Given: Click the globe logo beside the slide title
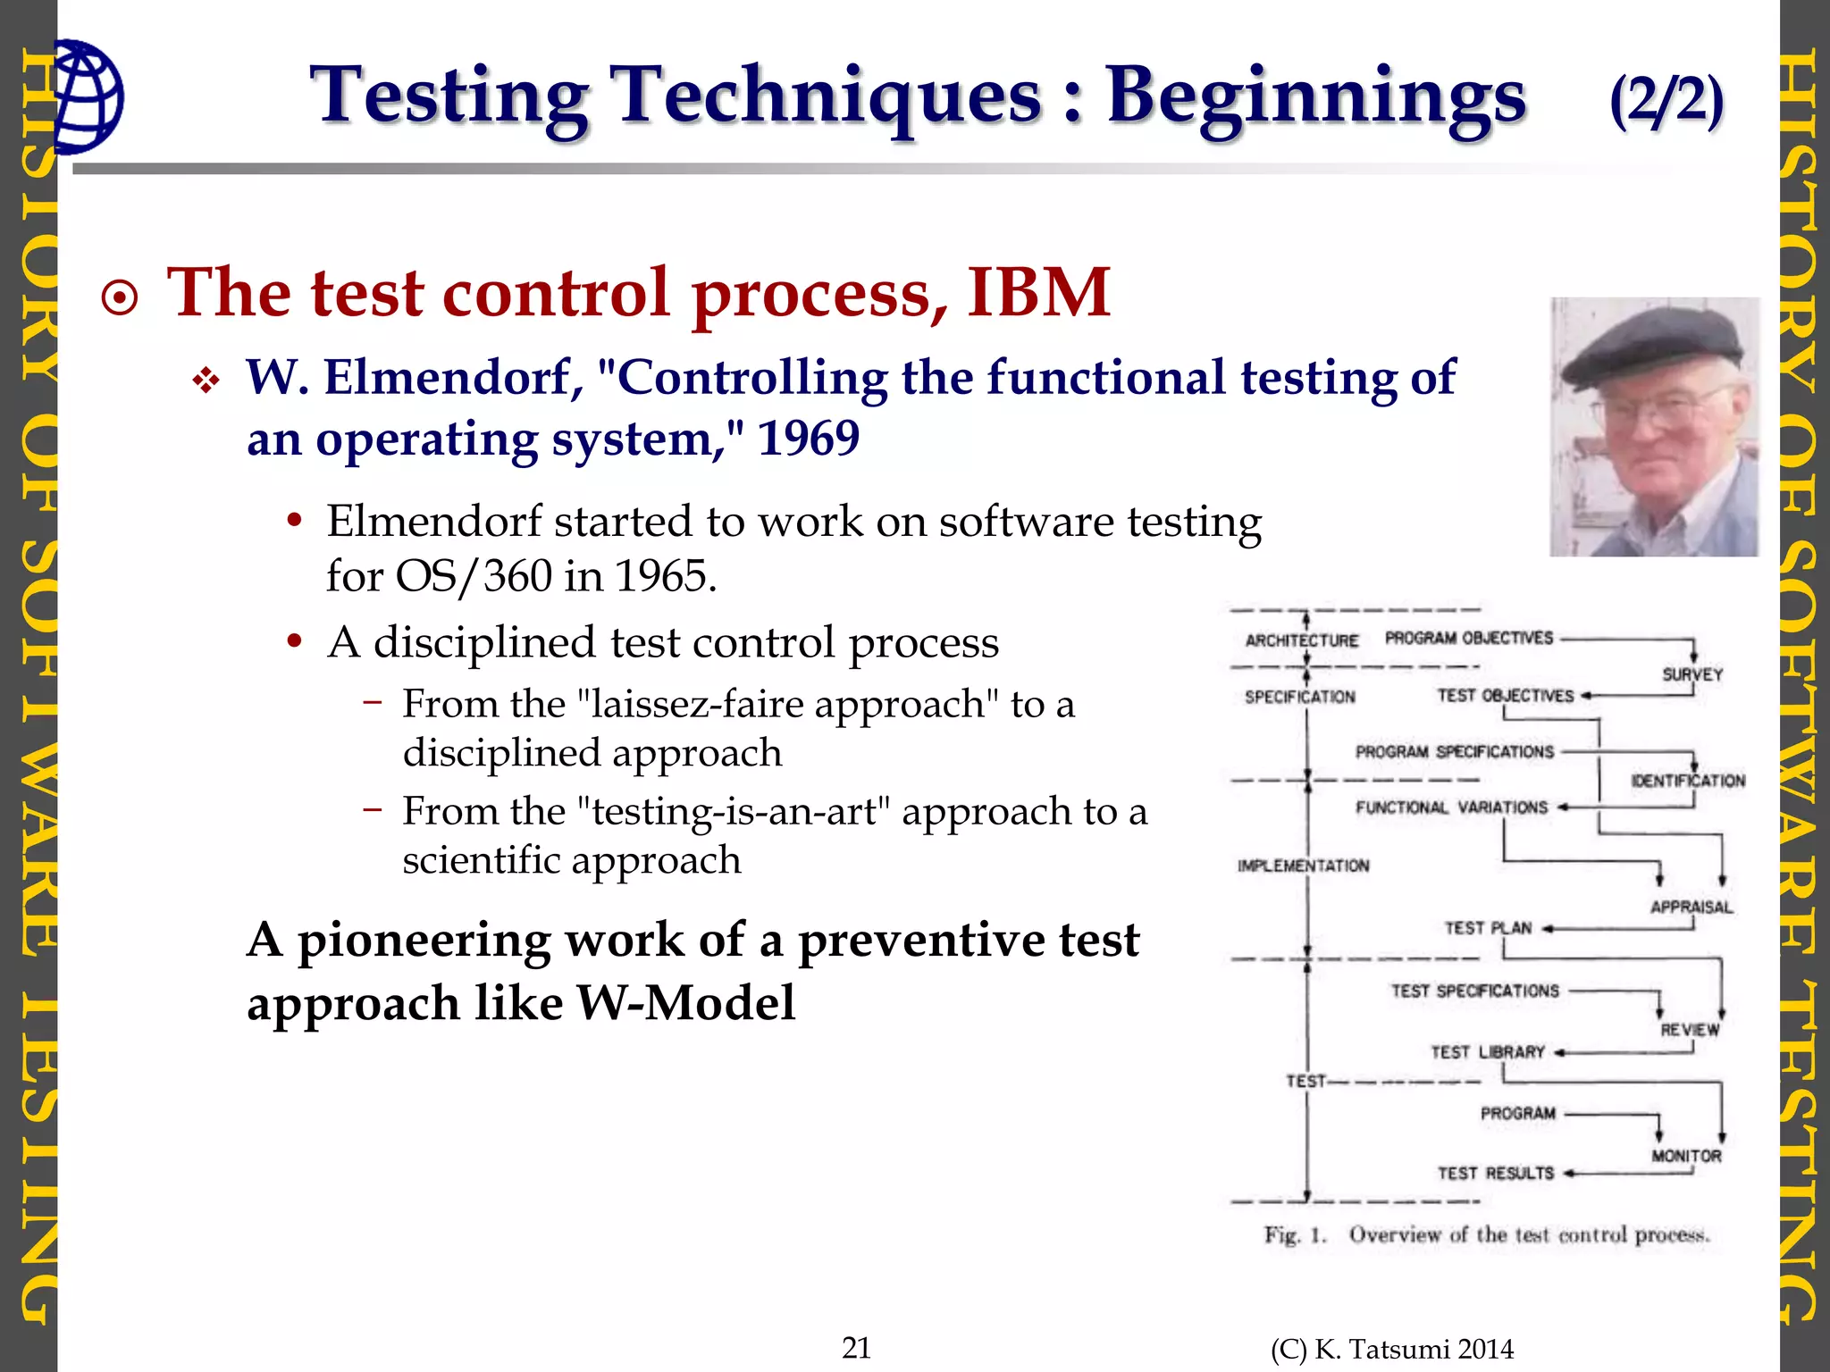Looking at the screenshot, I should [x=88, y=96].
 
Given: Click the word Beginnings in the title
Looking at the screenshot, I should [x=1315, y=96].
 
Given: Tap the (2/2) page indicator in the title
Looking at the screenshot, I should [x=1666, y=100].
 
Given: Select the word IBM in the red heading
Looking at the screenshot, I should [x=1038, y=293].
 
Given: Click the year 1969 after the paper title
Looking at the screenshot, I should [x=808, y=439].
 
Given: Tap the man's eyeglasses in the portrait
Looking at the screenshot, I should [x=1653, y=409].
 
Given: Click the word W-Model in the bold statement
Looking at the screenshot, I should [x=685, y=1003].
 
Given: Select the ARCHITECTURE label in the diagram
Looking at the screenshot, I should [x=1301, y=640].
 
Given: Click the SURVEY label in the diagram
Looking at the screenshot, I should [x=1691, y=675].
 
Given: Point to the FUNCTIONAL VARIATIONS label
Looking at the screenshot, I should [x=1451, y=807].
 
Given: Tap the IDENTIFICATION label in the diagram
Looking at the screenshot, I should [x=1687, y=781].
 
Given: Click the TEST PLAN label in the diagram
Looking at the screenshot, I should [x=1488, y=928].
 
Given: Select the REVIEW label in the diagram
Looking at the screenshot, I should [x=1689, y=1030].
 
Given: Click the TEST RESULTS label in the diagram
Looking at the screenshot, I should [x=1495, y=1173].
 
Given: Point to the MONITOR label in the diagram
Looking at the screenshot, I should [x=1685, y=1156].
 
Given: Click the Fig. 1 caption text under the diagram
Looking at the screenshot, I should [x=1486, y=1235].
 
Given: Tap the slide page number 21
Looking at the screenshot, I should [x=856, y=1347].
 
